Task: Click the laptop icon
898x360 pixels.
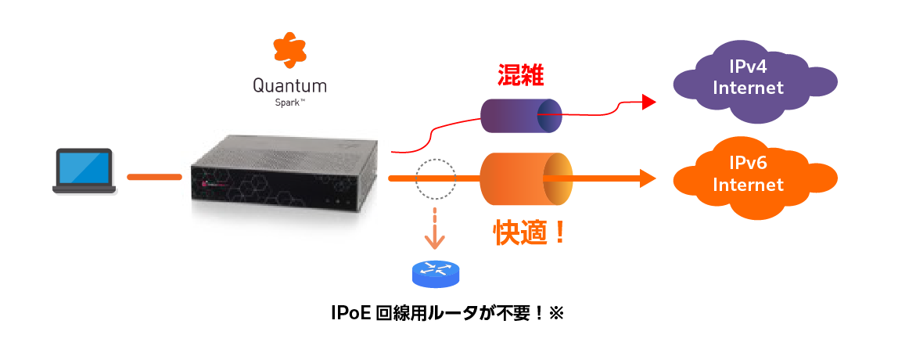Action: pos(84,170)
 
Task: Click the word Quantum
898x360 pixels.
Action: pos(289,85)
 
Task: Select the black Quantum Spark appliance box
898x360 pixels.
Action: pos(285,175)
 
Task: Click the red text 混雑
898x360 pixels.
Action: pos(520,75)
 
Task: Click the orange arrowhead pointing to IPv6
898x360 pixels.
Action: pos(647,178)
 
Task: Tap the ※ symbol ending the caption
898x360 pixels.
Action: pos(556,314)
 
